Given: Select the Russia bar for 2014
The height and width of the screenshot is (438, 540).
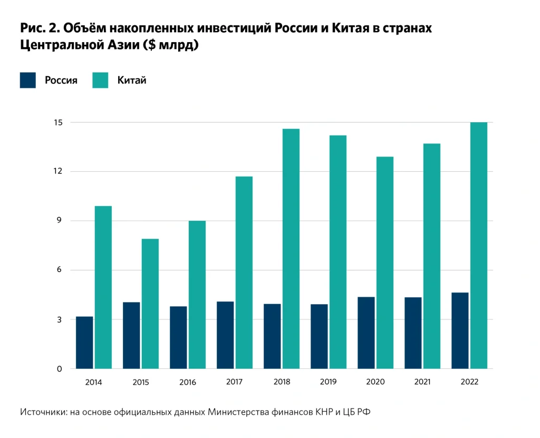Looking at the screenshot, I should [x=84, y=343].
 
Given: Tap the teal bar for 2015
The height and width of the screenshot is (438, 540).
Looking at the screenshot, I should [x=150, y=304].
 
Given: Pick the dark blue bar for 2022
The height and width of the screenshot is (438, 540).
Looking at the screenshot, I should [x=460, y=330].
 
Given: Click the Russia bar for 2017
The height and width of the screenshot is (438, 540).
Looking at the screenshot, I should [x=225, y=335].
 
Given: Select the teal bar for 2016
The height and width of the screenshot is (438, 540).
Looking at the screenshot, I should [x=197, y=295].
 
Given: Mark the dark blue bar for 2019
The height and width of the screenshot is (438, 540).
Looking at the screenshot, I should [x=319, y=336].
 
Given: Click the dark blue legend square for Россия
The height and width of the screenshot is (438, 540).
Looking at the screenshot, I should [x=28, y=80].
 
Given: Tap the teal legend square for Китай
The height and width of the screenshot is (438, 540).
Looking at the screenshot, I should [x=100, y=80].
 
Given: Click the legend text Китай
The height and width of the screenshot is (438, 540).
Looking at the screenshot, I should [x=132, y=81].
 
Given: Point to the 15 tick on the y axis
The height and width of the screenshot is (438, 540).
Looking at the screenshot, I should [x=58, y=122].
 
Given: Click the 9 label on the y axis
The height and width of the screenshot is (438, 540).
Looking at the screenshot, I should [x=60, y=221].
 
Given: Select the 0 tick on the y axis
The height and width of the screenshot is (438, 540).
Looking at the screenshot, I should [x=60, y=369].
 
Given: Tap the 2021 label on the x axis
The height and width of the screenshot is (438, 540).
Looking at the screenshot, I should [x=422, y=382].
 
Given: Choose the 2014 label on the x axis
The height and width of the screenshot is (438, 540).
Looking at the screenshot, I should [x=93, y=382].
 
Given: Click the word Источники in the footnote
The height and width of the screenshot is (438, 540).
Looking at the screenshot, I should [x=43, y=412].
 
